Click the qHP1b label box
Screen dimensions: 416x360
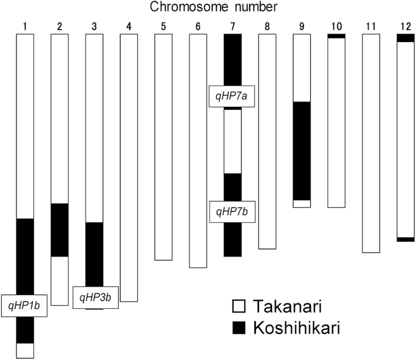pyautogui.click(x=24, y=305)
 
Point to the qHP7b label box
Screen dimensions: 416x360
pyautogui.click(x=232, y=210)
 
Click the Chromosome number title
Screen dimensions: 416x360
pyautogui.click(x=208, y=8)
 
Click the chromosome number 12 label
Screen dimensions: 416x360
pyautogui.click(x=405, y=27)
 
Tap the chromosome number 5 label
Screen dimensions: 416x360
pyautogui.click(x=163, y=27)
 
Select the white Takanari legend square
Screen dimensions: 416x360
pyautogui.click(x=238, y=307)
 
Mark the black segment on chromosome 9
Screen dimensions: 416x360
pyautogui.click(x=302, y=151)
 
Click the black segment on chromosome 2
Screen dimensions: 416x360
pyautogui.click(x=60, y=230)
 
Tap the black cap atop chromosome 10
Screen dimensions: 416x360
pyautogui.click(x=336, y=36)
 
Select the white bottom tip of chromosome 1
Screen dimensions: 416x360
pyautogui.click(x=25, y=350)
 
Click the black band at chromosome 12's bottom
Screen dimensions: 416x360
pyautogui.click(x=405, y=239)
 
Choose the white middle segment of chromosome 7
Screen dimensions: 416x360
pyautogui.click(x=232, y=141)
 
